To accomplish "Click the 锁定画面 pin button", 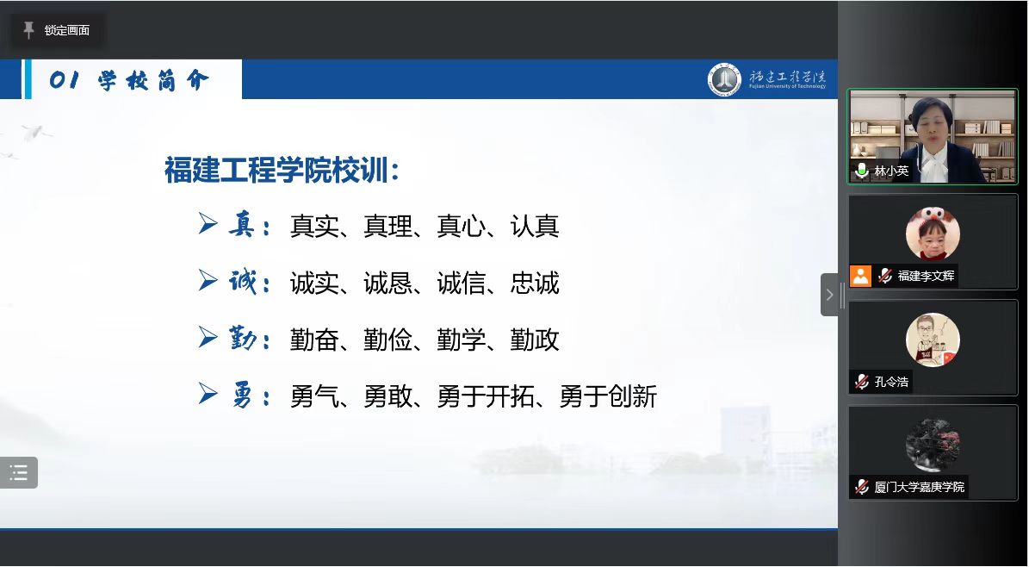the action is click(57, 30).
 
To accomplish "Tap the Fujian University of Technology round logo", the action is click(724, 79).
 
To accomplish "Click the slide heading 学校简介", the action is click(153, 80).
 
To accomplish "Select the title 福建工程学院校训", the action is click(277, 170).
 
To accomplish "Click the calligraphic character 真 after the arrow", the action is click(241, 225).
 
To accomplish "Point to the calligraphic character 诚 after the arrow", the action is click(241, 282).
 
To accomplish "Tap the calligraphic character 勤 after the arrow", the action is click(241, 339).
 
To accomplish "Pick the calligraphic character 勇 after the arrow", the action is click(241, 396).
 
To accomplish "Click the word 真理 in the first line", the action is click(387, 226).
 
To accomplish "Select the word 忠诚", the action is click(535, 283).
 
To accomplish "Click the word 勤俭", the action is click(387, 340).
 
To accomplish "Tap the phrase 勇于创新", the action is click(608, 397).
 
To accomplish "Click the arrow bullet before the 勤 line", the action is click(208, 338).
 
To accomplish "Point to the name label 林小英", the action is click(891, 171).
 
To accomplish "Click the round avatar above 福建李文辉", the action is click(933, 234).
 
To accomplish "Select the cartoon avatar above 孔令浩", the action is click(933, 340).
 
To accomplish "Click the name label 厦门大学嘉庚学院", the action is click(920, 487).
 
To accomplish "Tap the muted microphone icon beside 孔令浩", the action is click(862, 381).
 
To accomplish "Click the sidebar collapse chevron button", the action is click(829, 295).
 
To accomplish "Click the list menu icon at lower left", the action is click(18, 472).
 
